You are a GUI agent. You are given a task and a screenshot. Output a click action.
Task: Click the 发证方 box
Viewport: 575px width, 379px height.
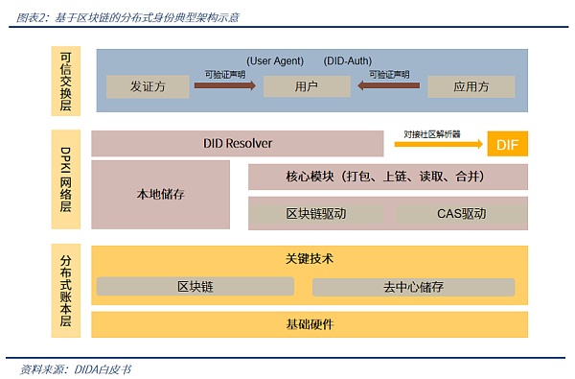(x=147, y=86)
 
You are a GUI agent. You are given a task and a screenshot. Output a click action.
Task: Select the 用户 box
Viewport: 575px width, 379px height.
(x=307, y=86)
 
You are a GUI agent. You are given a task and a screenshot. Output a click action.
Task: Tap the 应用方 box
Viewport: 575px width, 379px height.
(x=471, y=86)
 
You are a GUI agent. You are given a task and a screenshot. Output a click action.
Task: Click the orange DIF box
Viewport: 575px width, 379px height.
(x=508, y=145)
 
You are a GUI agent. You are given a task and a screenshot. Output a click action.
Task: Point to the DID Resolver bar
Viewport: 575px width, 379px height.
(x=237, y=143)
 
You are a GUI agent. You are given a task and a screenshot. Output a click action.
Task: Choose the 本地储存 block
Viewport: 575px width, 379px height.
(x=160, y=194)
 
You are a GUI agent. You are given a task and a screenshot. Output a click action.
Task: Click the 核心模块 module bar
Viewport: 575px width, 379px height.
(x=388, y=177)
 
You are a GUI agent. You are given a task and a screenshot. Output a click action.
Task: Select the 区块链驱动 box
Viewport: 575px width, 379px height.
(x=316, y=213)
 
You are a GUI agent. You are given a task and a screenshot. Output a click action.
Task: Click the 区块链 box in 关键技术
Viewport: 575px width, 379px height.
(x=195, y=286)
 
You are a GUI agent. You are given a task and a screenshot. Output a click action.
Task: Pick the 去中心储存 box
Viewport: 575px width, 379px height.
(x=413, y=286)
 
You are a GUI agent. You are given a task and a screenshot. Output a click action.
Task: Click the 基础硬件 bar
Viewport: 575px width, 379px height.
(x=310, y=323)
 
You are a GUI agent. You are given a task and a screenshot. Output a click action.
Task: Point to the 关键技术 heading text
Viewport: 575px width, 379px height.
(x=310, y=259)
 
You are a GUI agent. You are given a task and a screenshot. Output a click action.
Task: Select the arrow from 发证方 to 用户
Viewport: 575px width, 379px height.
(x=224, y=86)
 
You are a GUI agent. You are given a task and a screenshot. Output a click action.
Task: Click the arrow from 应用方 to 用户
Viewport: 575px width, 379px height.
(x=389, y=86)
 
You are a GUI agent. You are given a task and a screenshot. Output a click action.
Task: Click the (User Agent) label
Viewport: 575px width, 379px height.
(x=275, y=60)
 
